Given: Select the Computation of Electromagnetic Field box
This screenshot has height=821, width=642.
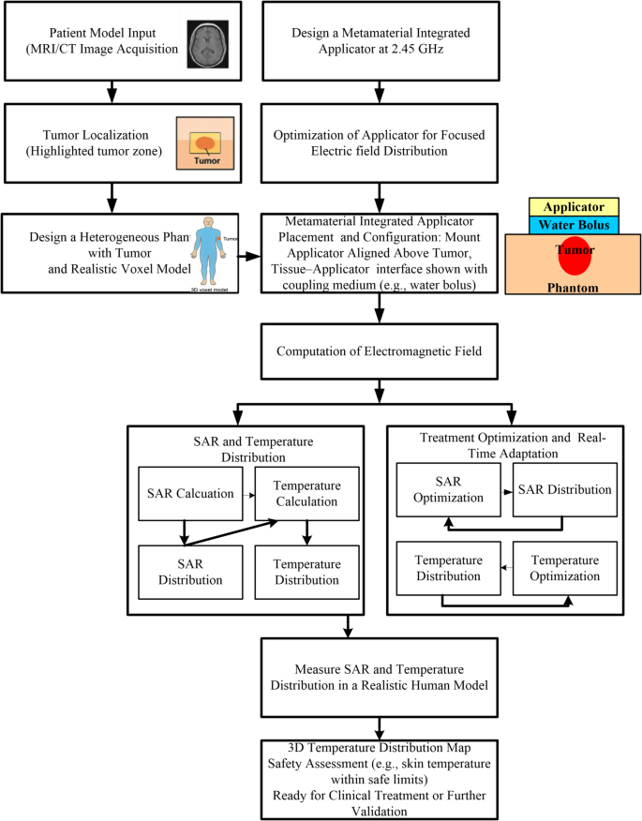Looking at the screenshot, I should coord(379,351).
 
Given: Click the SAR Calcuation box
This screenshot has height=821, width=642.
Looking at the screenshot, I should coord(190,494).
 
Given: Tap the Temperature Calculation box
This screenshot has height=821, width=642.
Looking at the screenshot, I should coord(306,494).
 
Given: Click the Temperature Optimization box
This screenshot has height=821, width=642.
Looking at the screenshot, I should coord(565,568).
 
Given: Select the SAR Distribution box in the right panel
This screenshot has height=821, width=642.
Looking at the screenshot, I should coord(565,490).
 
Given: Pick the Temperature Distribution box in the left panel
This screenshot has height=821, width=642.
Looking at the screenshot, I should coord(306,572).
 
